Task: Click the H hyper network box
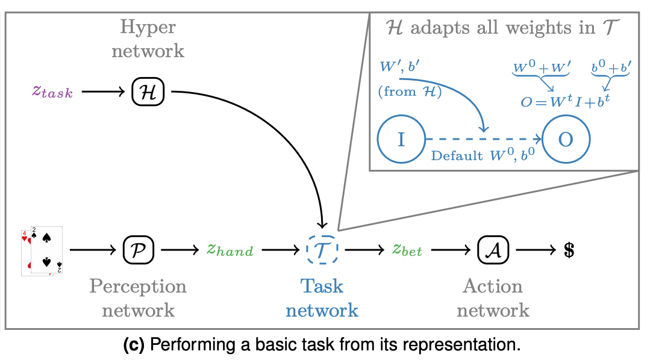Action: (148, 92)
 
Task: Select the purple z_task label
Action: (53, 92)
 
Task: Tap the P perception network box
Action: (139, 248)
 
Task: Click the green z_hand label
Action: (230, 249)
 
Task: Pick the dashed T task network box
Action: (322, 248)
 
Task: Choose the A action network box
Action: (493, 248)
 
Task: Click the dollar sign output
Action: (567, 249)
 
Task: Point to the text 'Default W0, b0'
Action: (483, 156)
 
